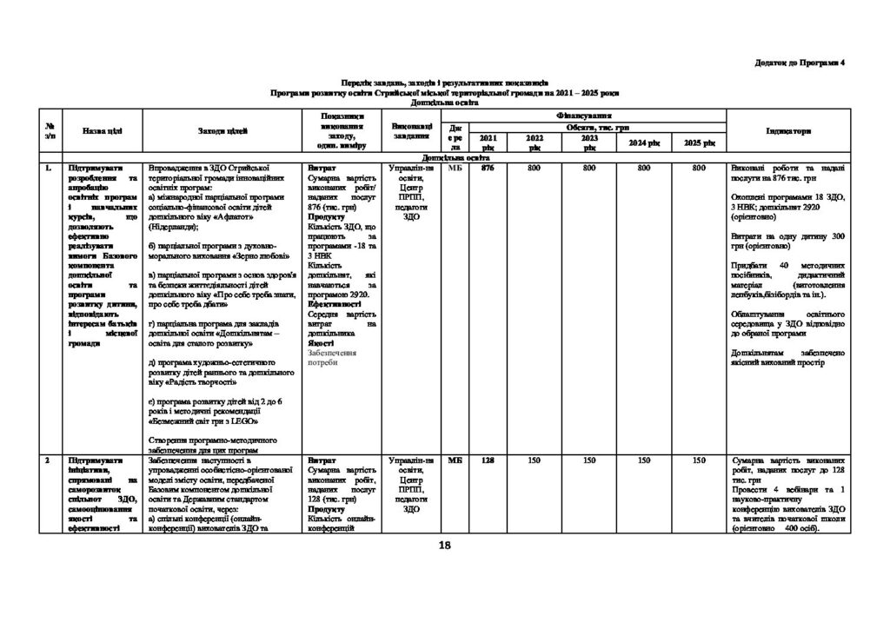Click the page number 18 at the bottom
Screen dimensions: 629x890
point(445,545)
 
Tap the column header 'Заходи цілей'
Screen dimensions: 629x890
point(223,130)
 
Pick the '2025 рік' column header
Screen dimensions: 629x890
point(699,142)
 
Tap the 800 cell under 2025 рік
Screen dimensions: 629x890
point(699,168)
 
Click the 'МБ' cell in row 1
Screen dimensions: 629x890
point(455,168)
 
